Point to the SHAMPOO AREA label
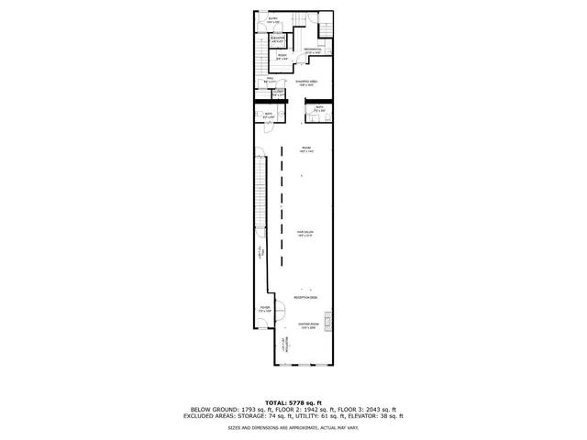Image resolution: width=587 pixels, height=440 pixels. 307,82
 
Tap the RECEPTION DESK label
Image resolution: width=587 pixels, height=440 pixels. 305,298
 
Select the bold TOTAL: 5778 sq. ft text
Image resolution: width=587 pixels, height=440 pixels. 293,402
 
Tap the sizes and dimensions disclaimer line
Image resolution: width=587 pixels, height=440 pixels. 293,427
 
